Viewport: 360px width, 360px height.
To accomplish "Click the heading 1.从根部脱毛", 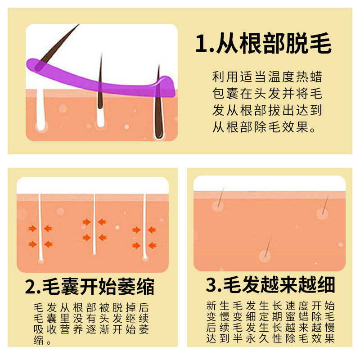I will pyautogui.click(x=263, y=45).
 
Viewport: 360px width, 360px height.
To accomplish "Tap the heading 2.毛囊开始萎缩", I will pyautogui.click(x=90, y=287).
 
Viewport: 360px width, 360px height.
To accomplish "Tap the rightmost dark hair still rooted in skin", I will pyautogui.click(x=158, y=103).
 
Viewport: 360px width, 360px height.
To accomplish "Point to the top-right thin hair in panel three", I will pyautogui.click(x=325, y=202).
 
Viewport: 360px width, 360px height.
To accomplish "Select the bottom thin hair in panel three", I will pyautogui.click(x=268, y=246).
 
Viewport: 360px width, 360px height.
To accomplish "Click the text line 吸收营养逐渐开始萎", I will pyautogui.click(x=92, y=330).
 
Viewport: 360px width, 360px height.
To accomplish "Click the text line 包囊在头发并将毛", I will pyautogui.click(x=267, y=94).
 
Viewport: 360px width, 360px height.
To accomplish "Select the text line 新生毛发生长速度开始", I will pyautogui.click(x=270, y=305).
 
